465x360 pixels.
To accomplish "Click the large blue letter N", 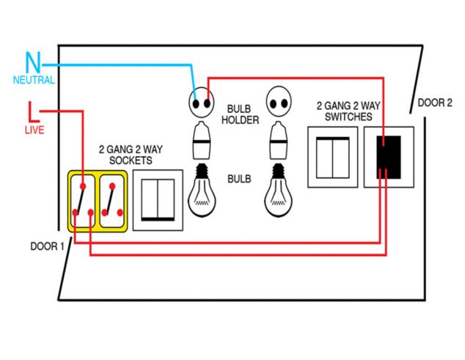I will coord(33,62).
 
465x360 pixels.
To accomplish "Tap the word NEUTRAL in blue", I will coord(33,80).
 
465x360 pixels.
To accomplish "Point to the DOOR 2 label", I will coord(435,103).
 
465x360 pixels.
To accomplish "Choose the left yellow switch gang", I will coord(83,201).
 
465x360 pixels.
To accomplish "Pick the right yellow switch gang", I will coord(112,201).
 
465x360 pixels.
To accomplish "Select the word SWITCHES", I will coord(345,116).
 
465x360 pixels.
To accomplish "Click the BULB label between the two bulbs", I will coord(240,179).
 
